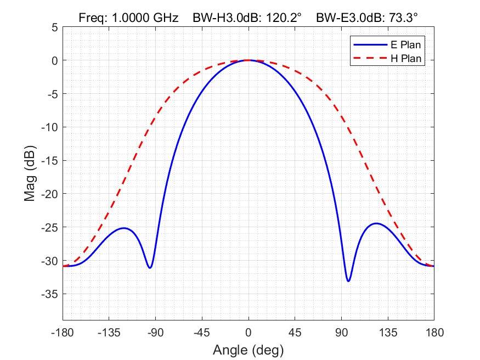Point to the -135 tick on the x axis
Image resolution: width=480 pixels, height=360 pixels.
pyautogui.click(x=109, y=332)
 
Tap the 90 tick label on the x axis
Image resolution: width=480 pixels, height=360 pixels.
pyautogui.click(x=341, y=332)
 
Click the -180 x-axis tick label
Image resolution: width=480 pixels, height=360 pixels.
pyautogui.click(x=63, y=332)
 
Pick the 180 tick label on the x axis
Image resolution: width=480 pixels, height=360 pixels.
pyautogui.click(x=434, y=332)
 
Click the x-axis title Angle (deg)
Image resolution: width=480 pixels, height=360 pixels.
pyautogui.click(x=249, y=349)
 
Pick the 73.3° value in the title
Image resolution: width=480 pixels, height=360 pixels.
pyautogui.click(x=401, y=18)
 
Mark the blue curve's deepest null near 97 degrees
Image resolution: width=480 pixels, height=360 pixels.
pyautogui.click(x=348, y=281)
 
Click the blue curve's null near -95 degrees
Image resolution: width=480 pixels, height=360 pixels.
pyautogui.click(x=150, y=267)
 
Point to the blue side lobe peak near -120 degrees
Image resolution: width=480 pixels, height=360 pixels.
pyautogui.click(x=124, y=228)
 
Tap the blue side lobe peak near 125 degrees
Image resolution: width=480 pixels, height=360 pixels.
pyautogui.click(x=376, y=223)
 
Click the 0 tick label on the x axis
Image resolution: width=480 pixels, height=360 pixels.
pyautogui.click(x=249, y=332)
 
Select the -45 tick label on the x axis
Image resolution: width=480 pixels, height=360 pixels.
pyautogui.click(x=202, y=332)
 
